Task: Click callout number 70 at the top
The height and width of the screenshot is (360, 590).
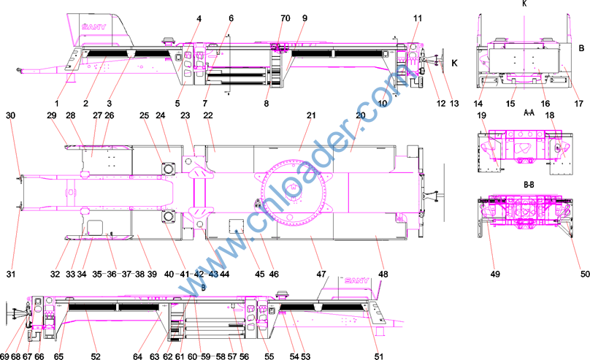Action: (x=286, y=18)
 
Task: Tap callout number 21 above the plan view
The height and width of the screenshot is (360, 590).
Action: (x=311, y=115)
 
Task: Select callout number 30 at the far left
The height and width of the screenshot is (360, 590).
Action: (x=10, y=115)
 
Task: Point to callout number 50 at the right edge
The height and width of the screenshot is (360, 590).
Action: (x=585, y=275)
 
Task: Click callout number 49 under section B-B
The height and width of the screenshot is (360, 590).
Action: (x=495, y=275)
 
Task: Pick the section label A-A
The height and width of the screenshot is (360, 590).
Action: (x=529, y=112)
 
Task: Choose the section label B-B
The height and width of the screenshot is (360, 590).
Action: (x=529, y=185)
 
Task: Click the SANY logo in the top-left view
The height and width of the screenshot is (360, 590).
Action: (x=94, y=27)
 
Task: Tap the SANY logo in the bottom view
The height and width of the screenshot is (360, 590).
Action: (x=357, y=280)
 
